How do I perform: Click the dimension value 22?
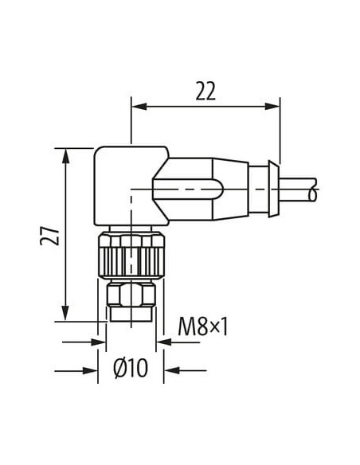205,91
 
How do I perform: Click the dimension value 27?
49,236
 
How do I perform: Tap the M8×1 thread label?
203,326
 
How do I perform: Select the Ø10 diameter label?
131,369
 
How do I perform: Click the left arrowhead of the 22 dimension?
139,106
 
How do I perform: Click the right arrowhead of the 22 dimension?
272,106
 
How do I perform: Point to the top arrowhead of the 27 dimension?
65,156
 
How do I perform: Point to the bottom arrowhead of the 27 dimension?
65,313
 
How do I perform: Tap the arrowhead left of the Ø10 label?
91,370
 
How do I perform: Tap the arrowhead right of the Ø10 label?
172,370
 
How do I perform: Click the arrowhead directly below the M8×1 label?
164,342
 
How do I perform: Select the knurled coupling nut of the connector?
131,255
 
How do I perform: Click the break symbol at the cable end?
313,190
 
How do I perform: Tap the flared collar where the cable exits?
274,189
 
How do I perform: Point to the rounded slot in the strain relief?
187,189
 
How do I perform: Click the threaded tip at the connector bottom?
131,315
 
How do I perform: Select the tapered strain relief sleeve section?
231,189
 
